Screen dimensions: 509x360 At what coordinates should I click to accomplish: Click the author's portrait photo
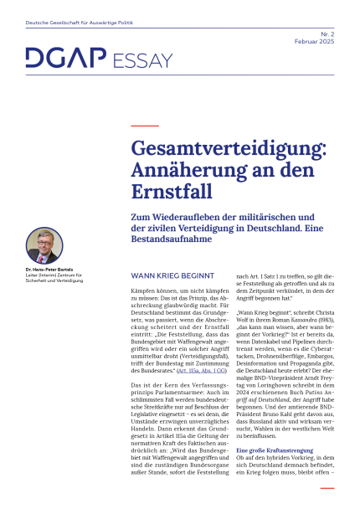44,244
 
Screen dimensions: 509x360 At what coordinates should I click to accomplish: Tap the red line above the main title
134,126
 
